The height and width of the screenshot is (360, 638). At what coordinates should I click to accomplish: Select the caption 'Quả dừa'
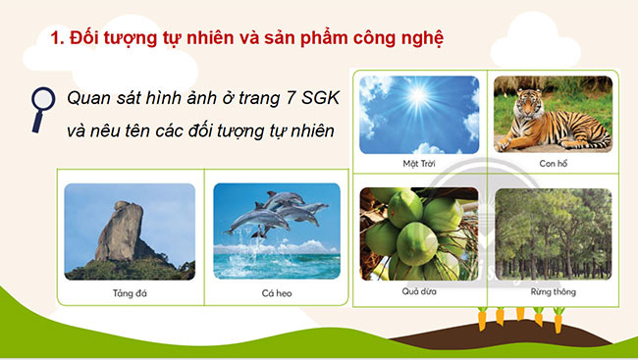coord(419,291)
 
